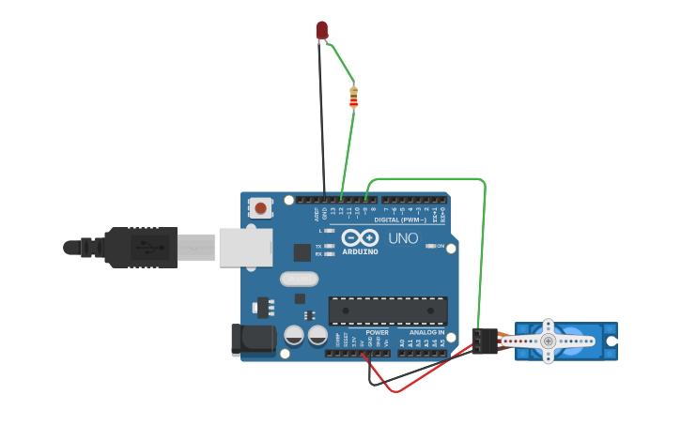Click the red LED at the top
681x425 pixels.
[322, 30]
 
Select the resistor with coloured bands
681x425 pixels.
[353, 97]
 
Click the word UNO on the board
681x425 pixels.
[403, 238]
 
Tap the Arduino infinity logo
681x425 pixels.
[360, 237]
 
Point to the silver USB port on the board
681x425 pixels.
[245, 248]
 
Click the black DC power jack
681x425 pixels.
[253, 340]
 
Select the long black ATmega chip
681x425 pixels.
[387, 311]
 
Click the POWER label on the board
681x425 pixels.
[377, 332]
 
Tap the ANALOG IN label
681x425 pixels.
[426, 332]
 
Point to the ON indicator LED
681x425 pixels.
[431, 246]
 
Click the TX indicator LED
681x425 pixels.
[329, 246]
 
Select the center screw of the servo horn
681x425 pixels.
[548, 342]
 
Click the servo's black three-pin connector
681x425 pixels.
[485, 341]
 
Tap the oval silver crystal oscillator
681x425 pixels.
[299, 279]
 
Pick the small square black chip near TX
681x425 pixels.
[302, 251]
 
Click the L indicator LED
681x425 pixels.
[329, 231]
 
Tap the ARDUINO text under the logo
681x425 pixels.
[360, 251]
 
